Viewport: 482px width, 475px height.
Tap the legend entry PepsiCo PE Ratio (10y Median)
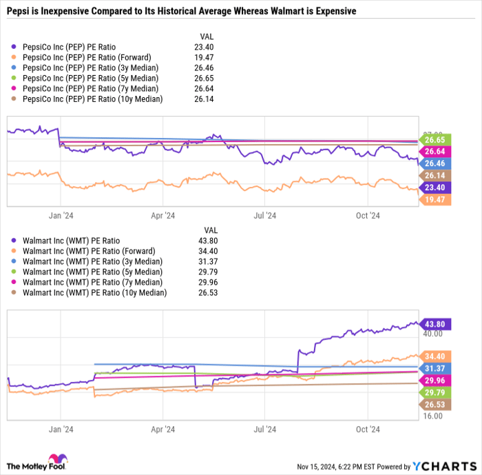(x=92, y=99)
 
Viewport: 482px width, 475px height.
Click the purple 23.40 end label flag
(x=435, y=187)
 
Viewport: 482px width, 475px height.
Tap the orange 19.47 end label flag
(x=435, y=199)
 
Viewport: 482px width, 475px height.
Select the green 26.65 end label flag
(x=435, y=139)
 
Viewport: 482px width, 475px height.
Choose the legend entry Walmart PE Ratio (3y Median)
(x=91, y=261)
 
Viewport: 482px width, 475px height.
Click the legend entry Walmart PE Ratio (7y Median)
(x=91, y=282)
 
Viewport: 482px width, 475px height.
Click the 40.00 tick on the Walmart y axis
(x=432, y=334)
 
